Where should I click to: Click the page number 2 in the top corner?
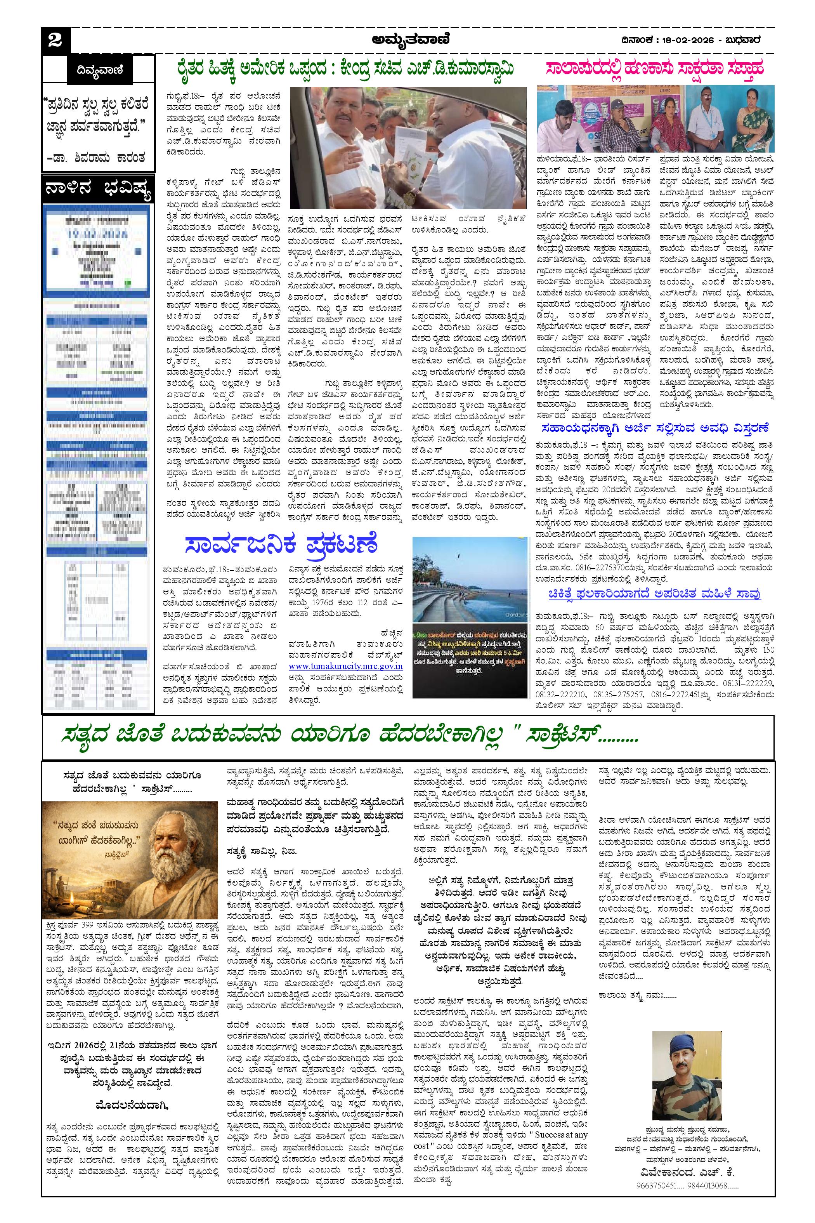click(55, 40)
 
